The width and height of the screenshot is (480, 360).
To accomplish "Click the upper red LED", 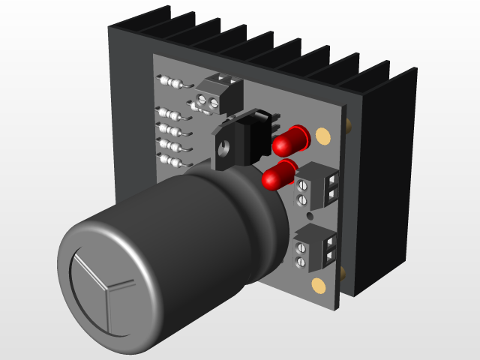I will (293, 138).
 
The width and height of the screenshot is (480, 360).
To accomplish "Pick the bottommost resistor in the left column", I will (172, 160).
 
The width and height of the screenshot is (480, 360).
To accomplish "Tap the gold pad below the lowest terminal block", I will (318, 284).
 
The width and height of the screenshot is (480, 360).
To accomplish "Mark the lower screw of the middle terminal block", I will (301, 199).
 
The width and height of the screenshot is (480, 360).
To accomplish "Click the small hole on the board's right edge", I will (349, 124).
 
